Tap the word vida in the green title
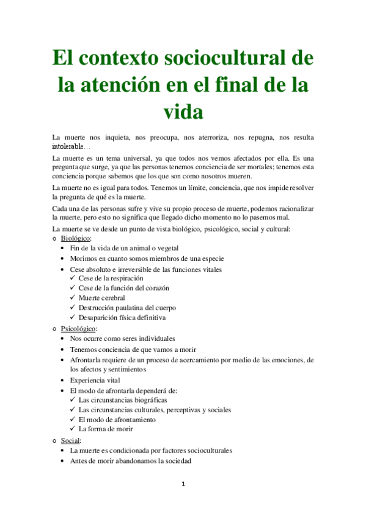point(183,112)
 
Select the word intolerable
point(69,147)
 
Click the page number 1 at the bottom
point(183,485)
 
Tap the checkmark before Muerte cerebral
point(73,298)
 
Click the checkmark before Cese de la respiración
point(73,279)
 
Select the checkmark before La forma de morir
point(73,429)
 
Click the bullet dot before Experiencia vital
point(64,379)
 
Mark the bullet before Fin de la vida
point(64,248)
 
